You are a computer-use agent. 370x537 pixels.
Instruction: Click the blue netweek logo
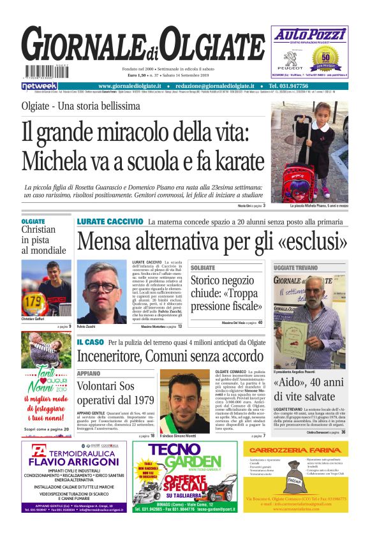[40, 85]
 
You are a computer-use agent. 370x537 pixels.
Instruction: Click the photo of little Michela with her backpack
[318, 151]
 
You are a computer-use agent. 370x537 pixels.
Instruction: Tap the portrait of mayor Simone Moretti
[184, 397]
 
